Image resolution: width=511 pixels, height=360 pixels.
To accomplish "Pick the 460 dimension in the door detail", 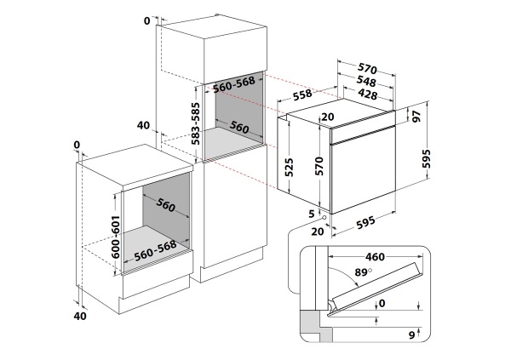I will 369,254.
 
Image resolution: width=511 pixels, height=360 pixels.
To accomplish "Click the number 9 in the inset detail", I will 411,335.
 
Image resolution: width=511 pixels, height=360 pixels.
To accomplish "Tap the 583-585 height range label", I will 196,123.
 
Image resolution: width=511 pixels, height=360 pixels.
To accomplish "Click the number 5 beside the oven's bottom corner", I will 313,213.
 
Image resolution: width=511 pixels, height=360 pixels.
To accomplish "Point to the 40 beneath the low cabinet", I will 82,317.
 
